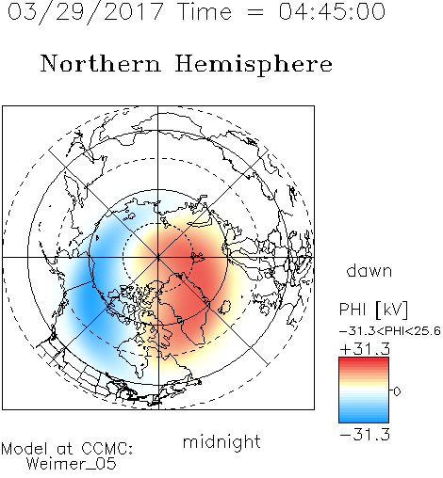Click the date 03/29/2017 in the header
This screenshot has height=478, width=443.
pos(85,12)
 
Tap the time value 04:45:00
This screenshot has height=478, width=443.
pos(332,12)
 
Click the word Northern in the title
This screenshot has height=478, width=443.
pos(101,63)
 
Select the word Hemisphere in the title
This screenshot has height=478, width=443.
pos(254,65)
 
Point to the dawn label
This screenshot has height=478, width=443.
pos(369,270)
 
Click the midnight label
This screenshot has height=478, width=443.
pos(221,441)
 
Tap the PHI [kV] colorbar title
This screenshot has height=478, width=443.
pos(373,310)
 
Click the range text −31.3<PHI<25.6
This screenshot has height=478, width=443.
pos(390,331)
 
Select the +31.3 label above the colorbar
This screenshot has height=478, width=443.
pos(365,349)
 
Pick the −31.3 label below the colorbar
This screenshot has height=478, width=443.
pos(365,435)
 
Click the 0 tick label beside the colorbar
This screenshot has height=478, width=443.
pos(397,391)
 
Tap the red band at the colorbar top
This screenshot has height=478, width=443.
pos(364,362)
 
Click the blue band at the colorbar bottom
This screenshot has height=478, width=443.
pos(364,417)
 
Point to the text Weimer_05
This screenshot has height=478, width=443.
pos(71,464)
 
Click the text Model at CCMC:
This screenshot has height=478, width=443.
pos(67,449)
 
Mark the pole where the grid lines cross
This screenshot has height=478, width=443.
pos(158,257)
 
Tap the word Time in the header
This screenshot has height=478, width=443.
pos(205,12)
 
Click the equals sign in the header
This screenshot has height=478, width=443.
pos(254,12)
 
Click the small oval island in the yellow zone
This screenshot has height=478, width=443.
pos(224,307)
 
